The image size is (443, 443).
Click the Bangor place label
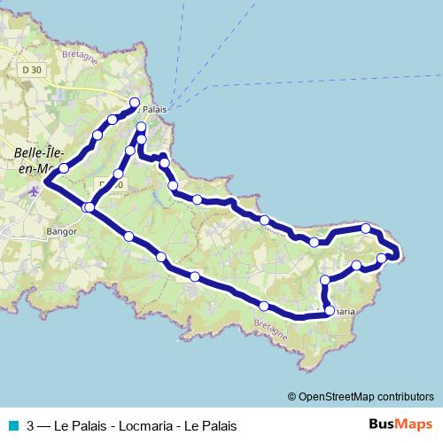point(61,232)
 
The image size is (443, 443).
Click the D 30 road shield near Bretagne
point(32,70)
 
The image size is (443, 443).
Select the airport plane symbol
point(34,190)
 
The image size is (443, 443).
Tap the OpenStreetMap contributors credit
point(366,397)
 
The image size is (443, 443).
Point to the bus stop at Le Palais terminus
point(136,103)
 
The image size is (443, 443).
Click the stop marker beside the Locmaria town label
point(328,311)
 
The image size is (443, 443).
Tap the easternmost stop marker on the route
point(382,259)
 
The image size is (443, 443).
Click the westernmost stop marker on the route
point(64,167)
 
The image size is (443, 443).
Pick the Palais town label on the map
point(154,109)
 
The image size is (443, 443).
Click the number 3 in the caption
point(31,426)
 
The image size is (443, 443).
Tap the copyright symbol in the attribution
point(292,397)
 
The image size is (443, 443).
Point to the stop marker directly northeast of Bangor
point(89,207)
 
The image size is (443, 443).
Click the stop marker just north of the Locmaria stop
point(325,280)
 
